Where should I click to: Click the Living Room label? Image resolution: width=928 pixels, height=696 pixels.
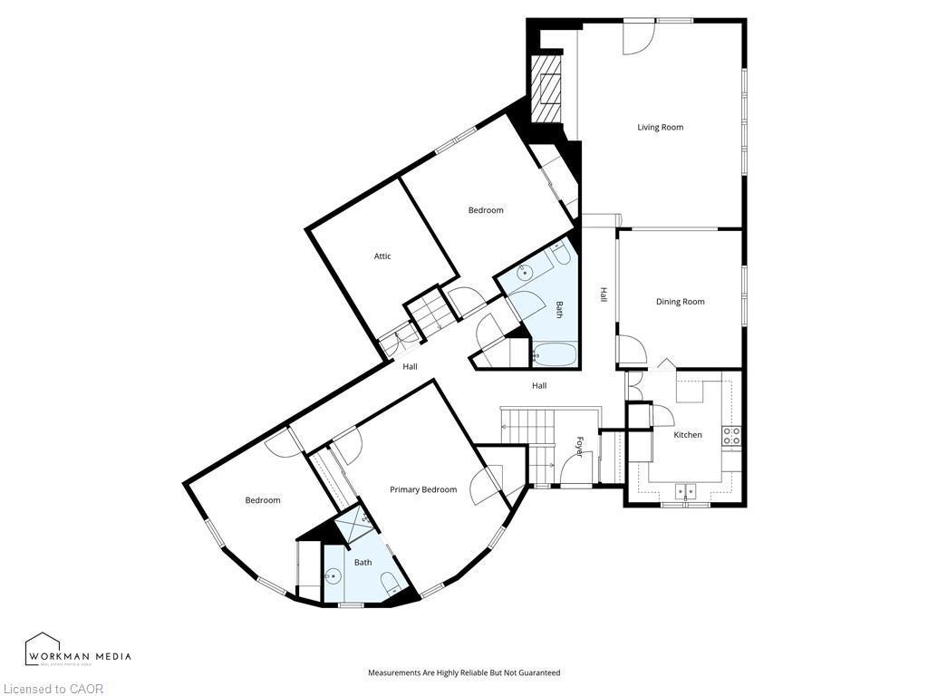point(660,128)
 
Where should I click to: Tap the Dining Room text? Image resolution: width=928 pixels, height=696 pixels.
point(680,302)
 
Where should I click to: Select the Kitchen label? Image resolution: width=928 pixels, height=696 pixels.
point(687,435)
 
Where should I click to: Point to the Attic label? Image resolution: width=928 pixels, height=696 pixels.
point(382,256)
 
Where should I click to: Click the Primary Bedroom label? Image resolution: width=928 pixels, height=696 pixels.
point(423,490)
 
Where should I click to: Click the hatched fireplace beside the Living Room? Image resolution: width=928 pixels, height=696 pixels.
point(547,89)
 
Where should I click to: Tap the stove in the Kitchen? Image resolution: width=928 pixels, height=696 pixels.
point(731,435)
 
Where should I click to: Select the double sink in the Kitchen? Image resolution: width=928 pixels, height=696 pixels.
point(685,492)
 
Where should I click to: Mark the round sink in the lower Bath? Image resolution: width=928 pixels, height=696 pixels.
point(334,575)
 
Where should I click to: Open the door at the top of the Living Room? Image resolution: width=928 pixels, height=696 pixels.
point(637,36)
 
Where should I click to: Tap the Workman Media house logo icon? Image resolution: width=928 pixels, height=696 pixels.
point(42,649)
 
